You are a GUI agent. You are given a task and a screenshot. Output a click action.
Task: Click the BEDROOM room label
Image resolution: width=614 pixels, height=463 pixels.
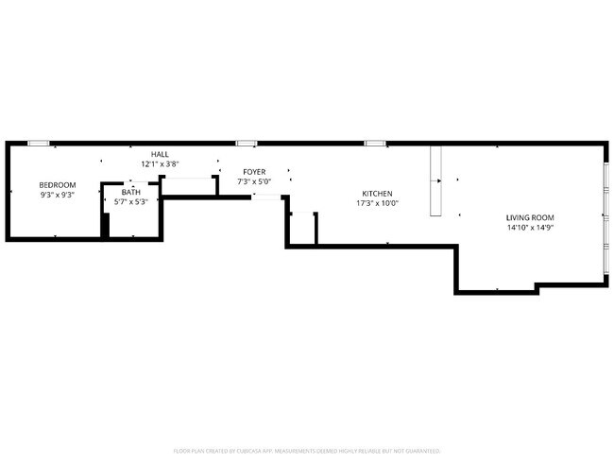click(57, 184)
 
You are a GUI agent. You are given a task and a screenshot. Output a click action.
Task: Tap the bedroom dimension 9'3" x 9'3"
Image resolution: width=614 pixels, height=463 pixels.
click(57, 195)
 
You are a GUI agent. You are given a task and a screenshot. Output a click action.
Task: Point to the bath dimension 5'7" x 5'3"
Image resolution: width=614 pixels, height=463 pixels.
click(129, 201)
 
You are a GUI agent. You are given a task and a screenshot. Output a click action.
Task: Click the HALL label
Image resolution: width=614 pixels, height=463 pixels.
click(160, 153)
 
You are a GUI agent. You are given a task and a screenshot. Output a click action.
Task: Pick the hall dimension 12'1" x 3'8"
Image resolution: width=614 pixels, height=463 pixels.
click(160, 163)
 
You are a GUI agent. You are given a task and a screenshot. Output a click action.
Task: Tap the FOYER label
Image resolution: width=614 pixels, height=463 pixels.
click(253, 171)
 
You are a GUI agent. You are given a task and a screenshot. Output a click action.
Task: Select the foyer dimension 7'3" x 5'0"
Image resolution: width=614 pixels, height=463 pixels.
click(253, 181)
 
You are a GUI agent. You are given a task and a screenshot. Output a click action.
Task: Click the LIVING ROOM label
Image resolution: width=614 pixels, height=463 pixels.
click(529, 216)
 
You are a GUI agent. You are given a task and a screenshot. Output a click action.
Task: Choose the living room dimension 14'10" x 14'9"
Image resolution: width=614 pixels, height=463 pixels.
click(529, 227)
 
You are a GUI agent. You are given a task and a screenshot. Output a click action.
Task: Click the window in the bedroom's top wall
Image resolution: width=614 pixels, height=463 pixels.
click(39, 143)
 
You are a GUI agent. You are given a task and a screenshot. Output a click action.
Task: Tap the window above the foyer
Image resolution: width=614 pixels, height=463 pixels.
click(247, 143)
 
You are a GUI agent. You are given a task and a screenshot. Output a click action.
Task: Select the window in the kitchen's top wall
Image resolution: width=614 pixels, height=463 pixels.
click(375, 143)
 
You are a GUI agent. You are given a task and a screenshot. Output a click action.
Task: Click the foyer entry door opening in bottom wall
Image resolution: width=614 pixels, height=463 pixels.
click(266, 197)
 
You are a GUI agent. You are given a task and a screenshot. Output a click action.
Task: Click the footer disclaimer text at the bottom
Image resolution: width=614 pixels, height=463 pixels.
click(307, 451)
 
